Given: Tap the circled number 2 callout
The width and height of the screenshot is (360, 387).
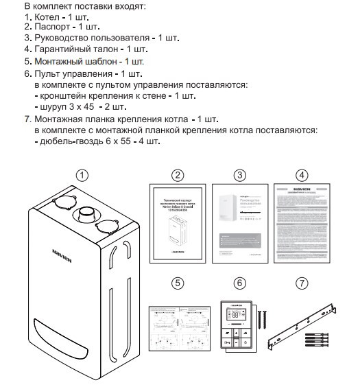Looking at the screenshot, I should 178,175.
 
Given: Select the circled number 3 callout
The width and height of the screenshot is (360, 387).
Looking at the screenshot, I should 239,175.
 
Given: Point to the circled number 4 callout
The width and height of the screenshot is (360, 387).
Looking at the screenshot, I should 302,175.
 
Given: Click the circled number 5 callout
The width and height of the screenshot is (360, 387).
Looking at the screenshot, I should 178,282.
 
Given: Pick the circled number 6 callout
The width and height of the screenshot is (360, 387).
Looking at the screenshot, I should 239,282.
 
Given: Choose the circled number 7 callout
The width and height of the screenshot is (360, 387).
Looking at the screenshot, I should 302,282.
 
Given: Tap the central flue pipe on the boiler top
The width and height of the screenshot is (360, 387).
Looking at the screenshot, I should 86,213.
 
